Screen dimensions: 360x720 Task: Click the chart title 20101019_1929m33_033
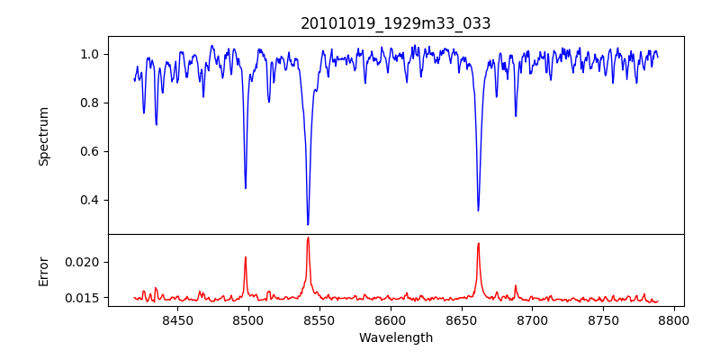tap(396, 23)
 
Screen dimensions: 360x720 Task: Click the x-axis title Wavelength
tap(396, 337)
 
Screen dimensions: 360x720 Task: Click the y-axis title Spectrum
tap(43, 136)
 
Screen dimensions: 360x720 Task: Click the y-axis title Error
tap(43, 270)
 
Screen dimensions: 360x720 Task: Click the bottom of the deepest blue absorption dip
tap(308, 224)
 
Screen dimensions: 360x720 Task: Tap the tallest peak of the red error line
tap(308, 238)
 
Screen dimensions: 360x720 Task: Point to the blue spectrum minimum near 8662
tap(478, 211)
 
